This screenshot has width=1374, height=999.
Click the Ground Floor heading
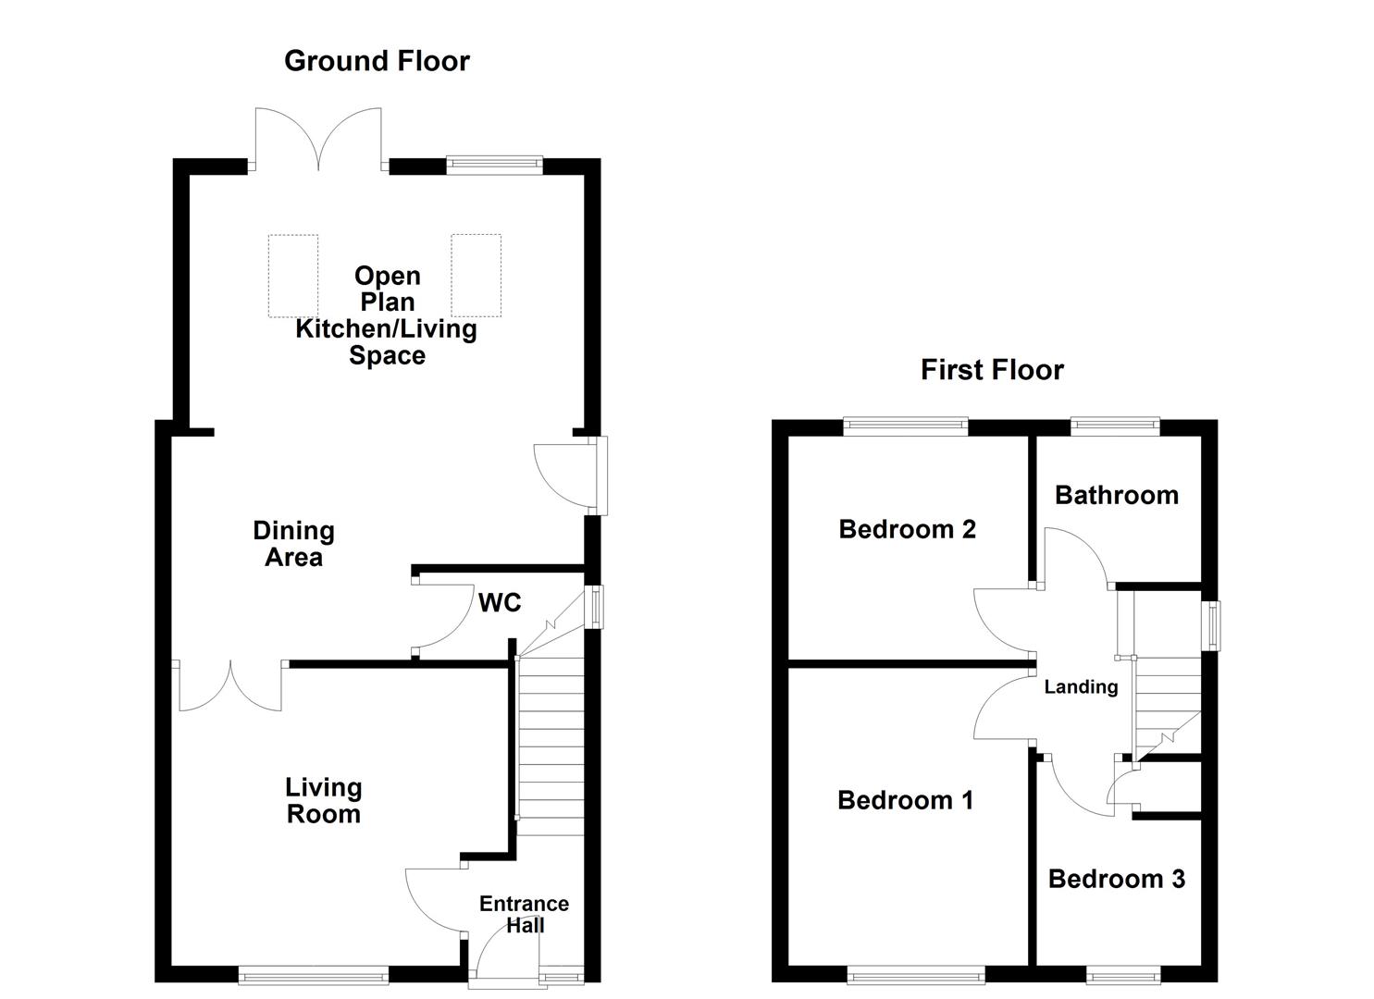(x=377, y=61)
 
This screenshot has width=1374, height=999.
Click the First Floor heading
(x=992, y=370)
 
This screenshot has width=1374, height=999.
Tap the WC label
(x=500, y=603)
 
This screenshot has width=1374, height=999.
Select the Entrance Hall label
(x=524, y=914)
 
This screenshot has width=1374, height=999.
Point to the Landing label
(x=1081, y=686)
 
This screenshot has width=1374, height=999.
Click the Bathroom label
(x=1117, y=495)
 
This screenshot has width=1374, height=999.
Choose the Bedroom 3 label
(x=1116, y=878)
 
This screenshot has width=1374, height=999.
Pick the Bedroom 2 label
(x=907, y=529)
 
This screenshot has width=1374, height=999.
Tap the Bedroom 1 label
(x=905, y=799)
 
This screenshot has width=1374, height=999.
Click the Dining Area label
(x=293, y=544)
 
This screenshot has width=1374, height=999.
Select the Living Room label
(x=323, y=800)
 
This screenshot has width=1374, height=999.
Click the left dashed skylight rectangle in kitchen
(x=293, y=276)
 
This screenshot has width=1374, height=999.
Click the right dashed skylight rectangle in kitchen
(x=476, y=276)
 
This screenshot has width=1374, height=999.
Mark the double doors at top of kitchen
(x=318, y=143)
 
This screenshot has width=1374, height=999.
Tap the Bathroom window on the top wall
(x=1115, y=425)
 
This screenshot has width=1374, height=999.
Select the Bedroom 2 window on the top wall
(x=905, y=425)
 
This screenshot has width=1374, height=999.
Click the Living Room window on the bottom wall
(x=314, y=973)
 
